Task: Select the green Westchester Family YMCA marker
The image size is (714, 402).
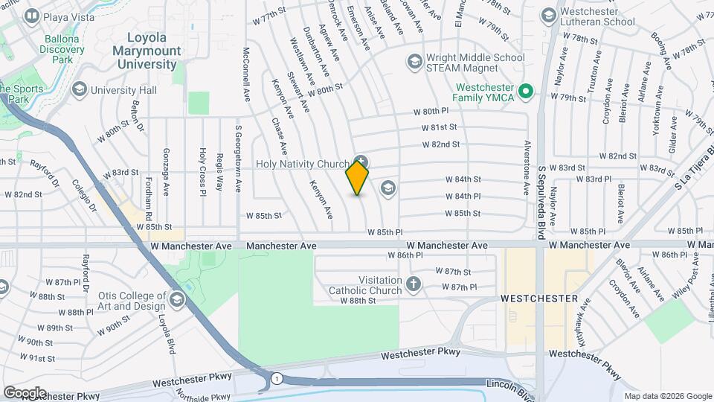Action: click(x=526, y=92)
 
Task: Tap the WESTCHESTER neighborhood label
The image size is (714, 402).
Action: click(x=539, y=298)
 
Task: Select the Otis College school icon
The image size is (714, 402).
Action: click(x=177, y=300)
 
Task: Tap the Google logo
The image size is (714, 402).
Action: click(x=24, y=392)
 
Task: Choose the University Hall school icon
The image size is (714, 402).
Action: click(x=78, y=90)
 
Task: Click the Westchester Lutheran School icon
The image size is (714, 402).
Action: click(x=548, y=16)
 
